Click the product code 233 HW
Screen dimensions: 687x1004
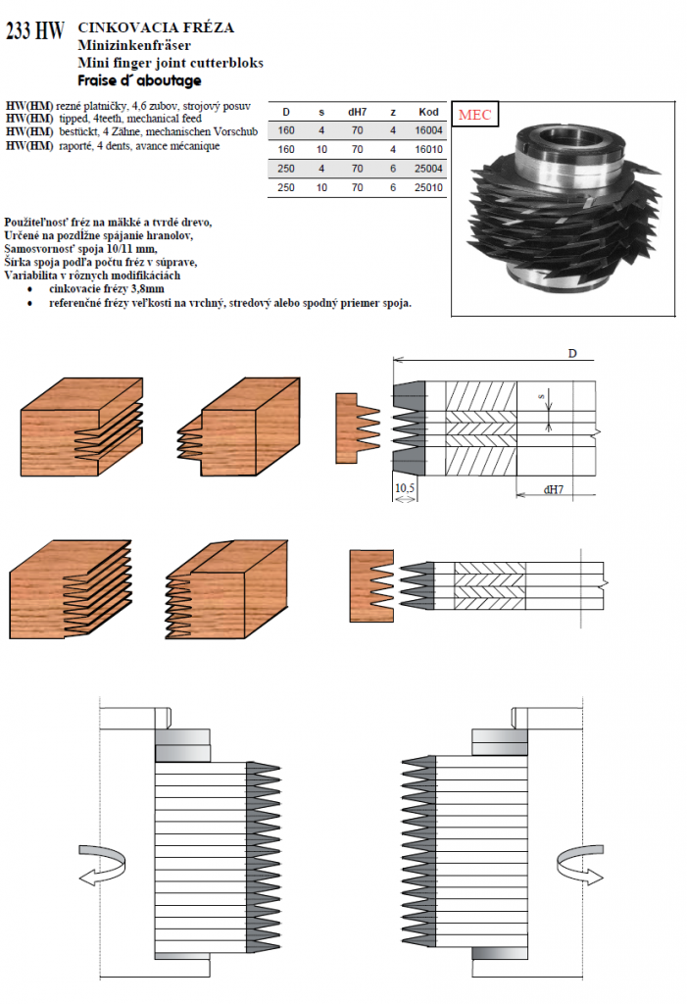(35, 29)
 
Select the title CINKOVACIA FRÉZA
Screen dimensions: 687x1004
(156, 26)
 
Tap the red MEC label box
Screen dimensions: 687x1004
(474, 115)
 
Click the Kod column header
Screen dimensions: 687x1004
(428, 112)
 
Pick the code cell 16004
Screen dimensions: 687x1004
(428, 130)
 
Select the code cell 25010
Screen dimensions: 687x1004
(428, 187)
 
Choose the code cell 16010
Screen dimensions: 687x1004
(428, 149)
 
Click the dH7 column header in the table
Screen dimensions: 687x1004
(358, 112)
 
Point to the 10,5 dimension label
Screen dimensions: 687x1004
(405, 488)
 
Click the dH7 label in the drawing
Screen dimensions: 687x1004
(553, 490)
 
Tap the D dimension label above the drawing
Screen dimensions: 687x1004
(572, 353)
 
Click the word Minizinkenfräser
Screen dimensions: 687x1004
(134, 45)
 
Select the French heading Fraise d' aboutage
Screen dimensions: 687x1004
(139, 80)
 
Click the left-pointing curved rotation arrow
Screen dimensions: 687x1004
(102, 865)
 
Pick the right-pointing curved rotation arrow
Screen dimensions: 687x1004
(580, 865)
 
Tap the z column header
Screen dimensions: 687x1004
(392, 112)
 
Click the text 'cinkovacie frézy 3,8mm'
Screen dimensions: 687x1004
(107, 289)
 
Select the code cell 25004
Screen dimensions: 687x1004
(428, 169)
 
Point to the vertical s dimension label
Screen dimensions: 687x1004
(541, 398)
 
